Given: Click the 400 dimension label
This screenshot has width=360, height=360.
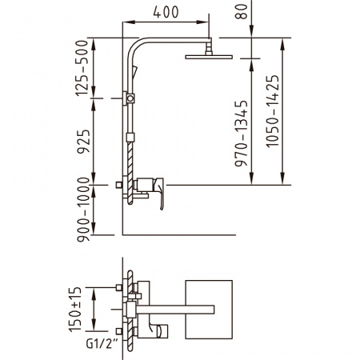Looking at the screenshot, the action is pyautogui.click(x=166, y=12).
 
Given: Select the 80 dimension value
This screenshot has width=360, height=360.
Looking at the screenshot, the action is pyautogui.click(x=241, y=12).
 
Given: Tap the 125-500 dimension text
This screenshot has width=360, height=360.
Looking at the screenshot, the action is pyautogui.click(x=82, y=68).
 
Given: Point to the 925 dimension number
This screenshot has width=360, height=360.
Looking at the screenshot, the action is pyautogui.click(x=83, y=142).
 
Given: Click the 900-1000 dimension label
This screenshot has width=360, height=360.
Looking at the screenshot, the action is pyautogui.click(x=83, y=210).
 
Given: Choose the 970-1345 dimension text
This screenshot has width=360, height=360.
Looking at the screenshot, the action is pyautogui.click(x=241, y=134).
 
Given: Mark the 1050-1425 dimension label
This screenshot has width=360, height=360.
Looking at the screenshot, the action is pyautogui.click(x=273, y=111).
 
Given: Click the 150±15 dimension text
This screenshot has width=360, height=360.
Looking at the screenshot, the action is pyautogui.click(x=75, y=310).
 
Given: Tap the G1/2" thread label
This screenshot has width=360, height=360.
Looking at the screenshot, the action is pyautogui.click(x=99, y=344).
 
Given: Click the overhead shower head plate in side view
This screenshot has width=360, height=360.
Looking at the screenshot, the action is pyautogui.click(x=209, y=57).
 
